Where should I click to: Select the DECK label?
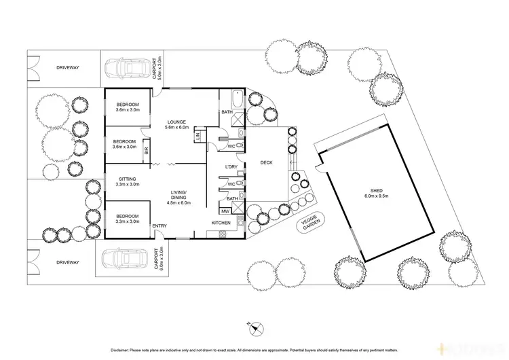coord(266,162)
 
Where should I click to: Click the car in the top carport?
coord(121,67)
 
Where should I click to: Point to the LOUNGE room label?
coord(174,122)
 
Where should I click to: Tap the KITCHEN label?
coord(221,223)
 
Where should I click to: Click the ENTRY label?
coord(160,226)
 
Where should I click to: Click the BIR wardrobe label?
coord(147,151)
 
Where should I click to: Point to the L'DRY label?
coord(231,167)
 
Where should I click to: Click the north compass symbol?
coord(256,329)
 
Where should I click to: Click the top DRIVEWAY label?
coord(68,68)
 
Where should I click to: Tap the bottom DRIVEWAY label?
coord(68,262)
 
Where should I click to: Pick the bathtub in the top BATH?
coord(236,96)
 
